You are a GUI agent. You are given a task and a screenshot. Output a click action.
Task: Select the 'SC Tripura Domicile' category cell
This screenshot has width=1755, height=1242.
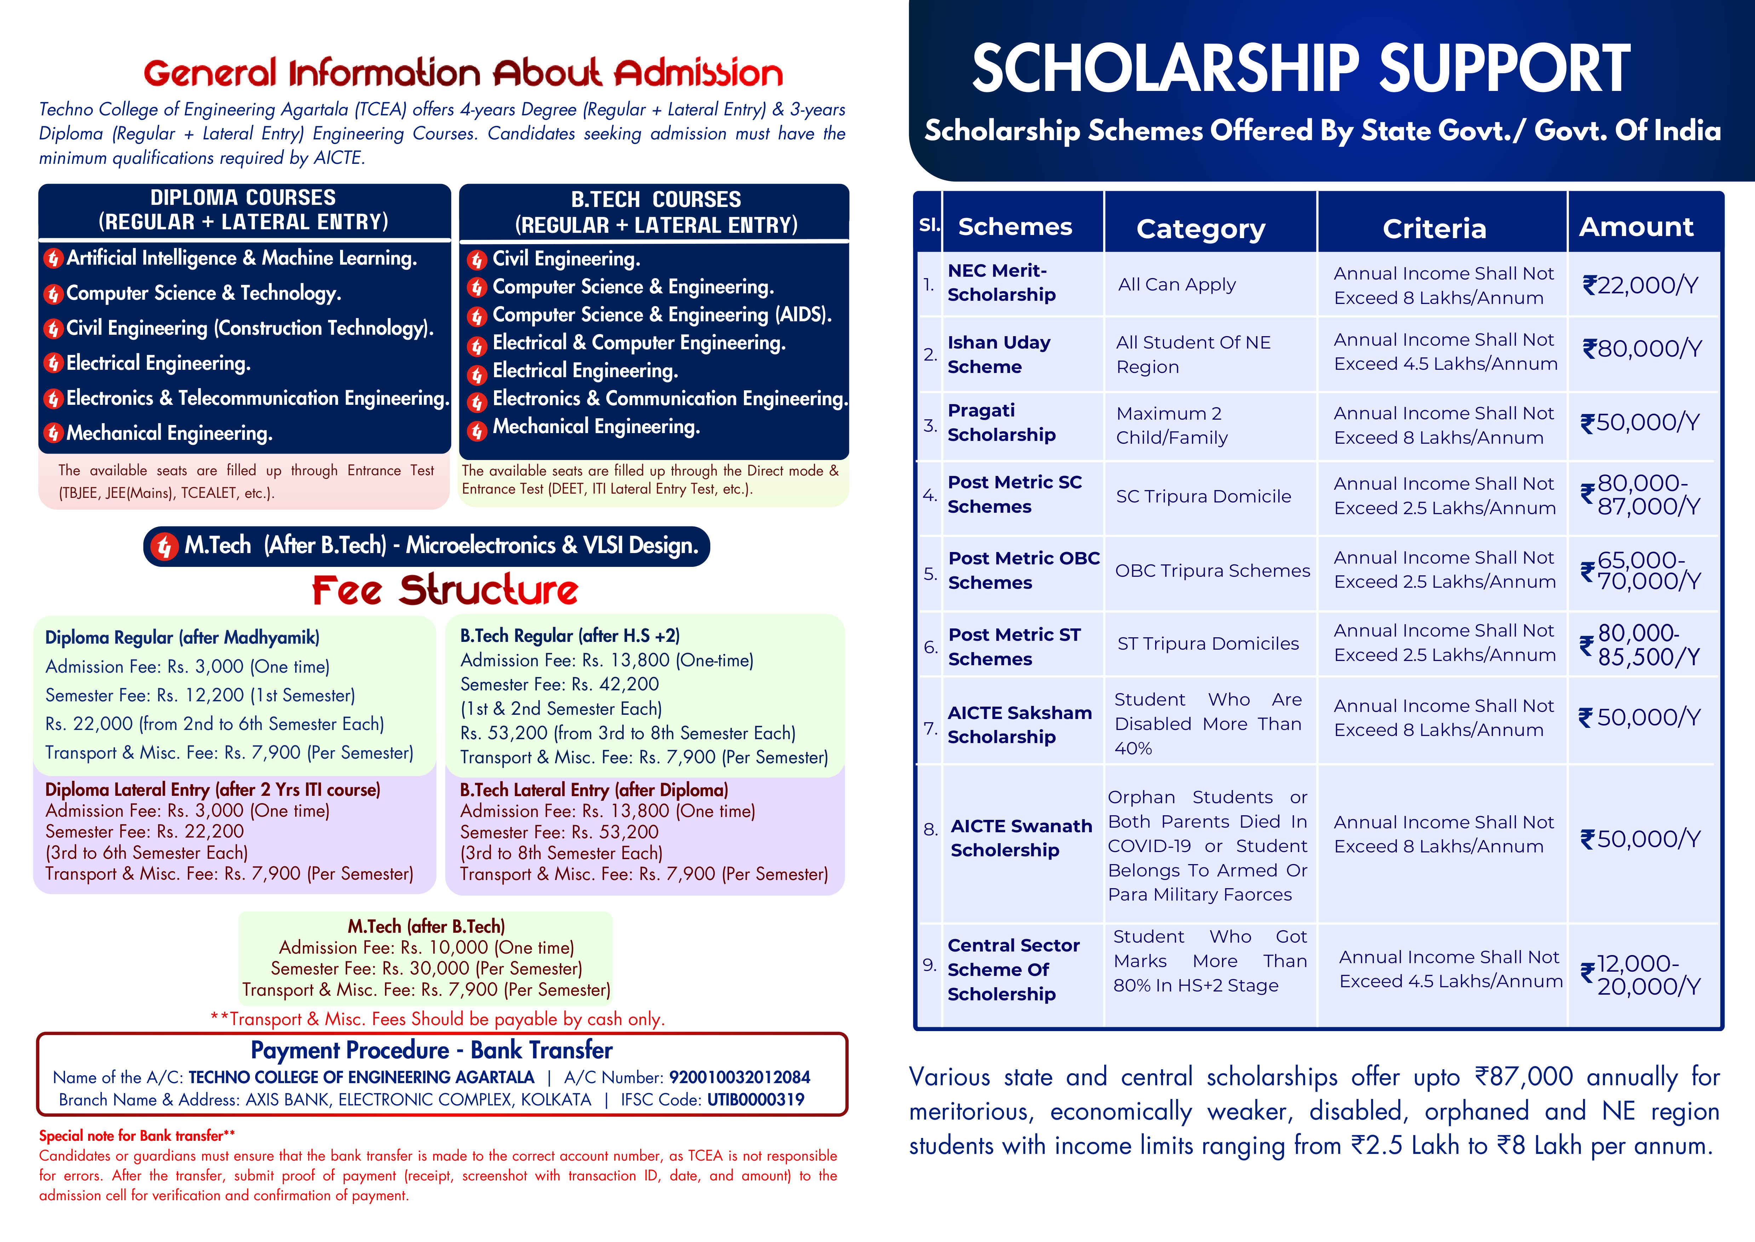[1203, 496]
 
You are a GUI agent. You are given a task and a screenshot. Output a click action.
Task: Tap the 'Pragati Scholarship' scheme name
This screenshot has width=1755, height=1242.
[1001, 422]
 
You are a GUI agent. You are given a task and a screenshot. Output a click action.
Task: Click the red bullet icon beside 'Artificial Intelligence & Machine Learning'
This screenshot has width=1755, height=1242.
[53, 259]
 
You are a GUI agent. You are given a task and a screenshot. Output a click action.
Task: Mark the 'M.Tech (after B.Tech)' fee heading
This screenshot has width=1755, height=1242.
[426, 926]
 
